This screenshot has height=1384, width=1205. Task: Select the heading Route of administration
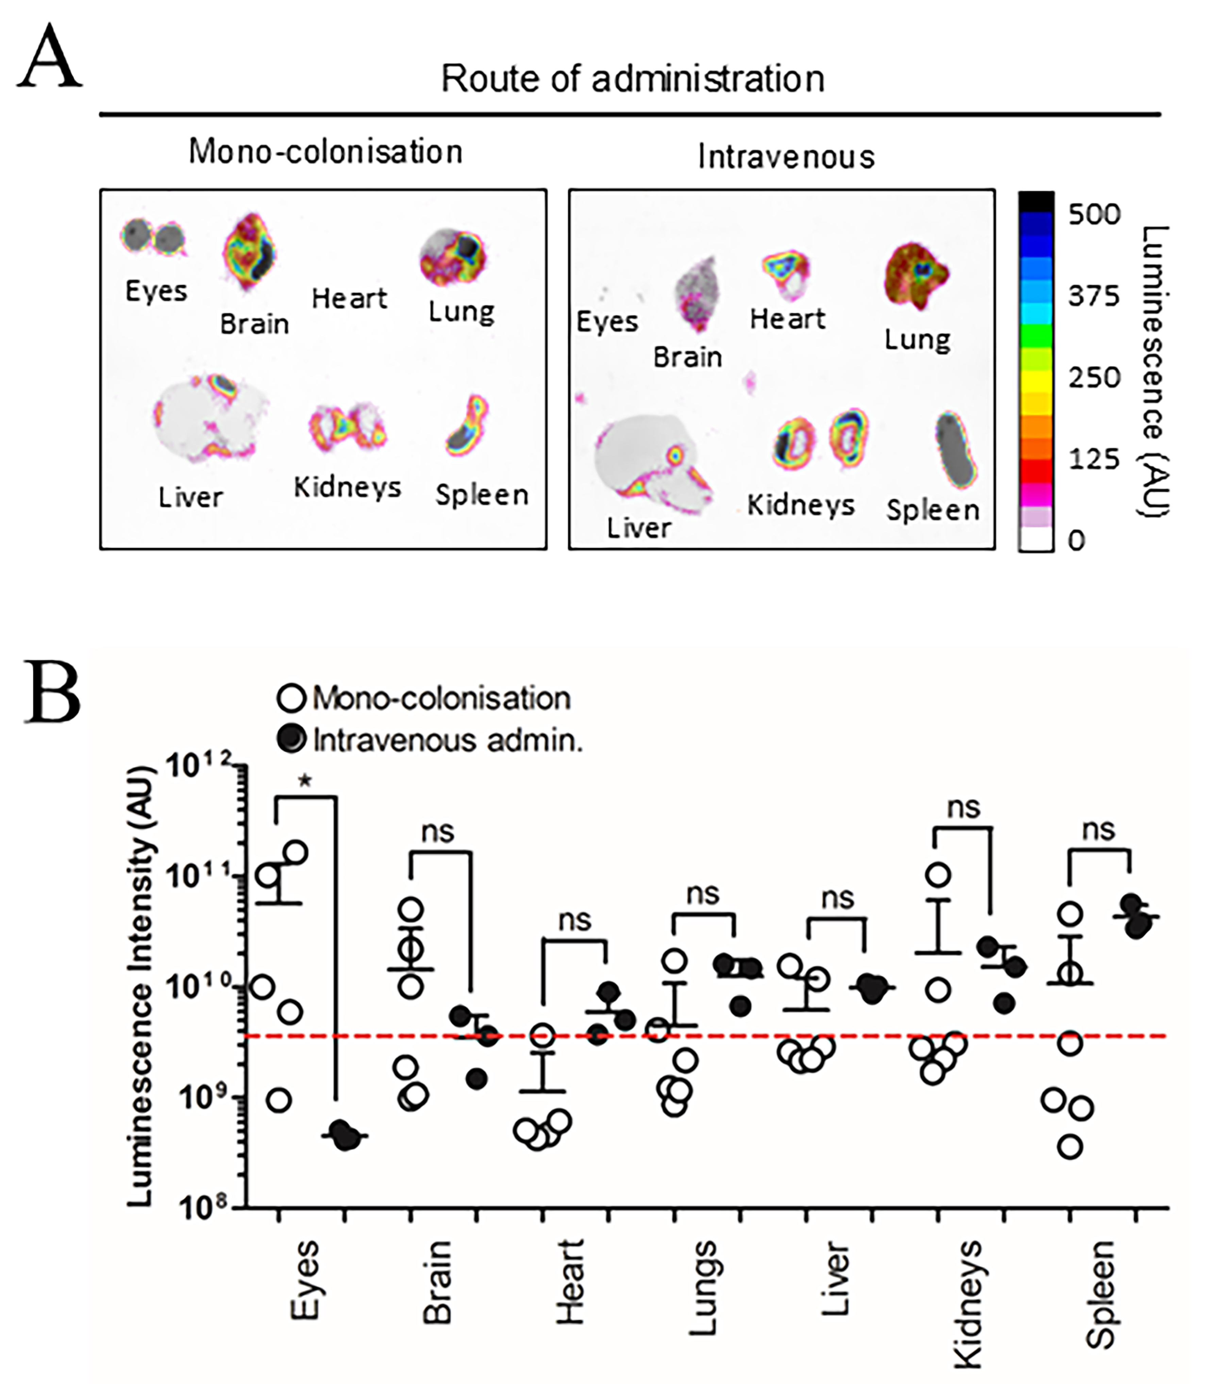632,79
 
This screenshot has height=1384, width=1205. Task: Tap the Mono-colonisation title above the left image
325,151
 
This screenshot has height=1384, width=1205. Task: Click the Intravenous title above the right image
785,157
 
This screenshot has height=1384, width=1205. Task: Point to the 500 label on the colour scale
1094,215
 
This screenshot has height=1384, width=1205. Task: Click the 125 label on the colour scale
1094,459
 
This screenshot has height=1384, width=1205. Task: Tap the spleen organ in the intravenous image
955,448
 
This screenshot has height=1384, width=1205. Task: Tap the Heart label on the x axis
570,1281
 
